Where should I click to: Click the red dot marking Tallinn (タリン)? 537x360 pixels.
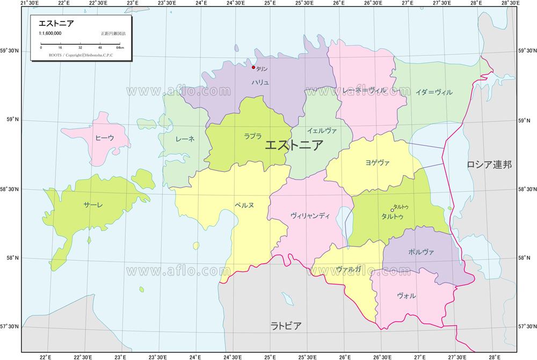(253, 68)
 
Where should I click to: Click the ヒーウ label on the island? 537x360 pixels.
(105, 138)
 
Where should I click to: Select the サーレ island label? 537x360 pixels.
(93, 205)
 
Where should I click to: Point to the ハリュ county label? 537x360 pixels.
(260, 82)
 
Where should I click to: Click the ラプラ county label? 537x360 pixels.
(252, 136)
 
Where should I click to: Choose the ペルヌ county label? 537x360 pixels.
(244, 205)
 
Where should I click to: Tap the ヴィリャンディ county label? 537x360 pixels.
(310, 215)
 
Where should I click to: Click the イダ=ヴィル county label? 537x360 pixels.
(434, 92)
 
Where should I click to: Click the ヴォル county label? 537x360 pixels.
(406, 296)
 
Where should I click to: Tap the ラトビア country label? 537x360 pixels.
(286, 326)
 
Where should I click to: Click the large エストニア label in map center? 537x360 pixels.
(294, 145)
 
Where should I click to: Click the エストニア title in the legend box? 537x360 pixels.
(56, 23)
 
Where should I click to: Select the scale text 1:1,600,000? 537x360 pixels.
(50, 33)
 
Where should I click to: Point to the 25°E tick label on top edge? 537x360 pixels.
(270, 3)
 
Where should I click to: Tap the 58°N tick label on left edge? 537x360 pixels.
(12, 258)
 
